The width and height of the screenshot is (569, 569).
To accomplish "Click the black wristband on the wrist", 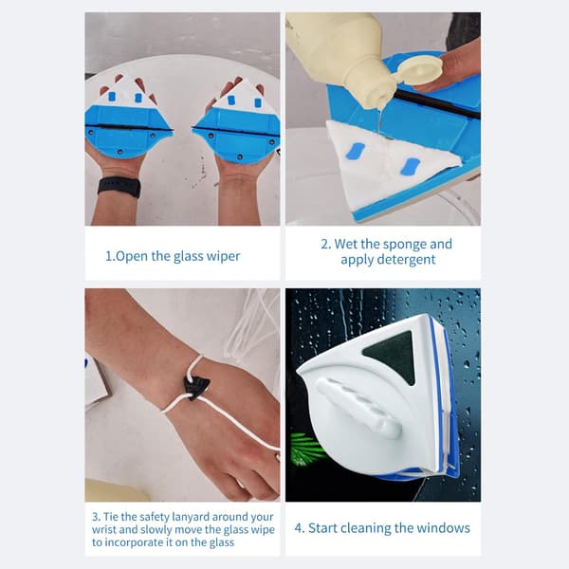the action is pos(119,187).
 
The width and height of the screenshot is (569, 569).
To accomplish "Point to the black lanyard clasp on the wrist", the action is pos(197,388).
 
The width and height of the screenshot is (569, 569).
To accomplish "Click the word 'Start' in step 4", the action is pos(323,528).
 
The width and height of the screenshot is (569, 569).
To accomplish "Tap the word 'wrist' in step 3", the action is pos(103,530).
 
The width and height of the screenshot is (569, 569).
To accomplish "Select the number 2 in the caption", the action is pos(325,245).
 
